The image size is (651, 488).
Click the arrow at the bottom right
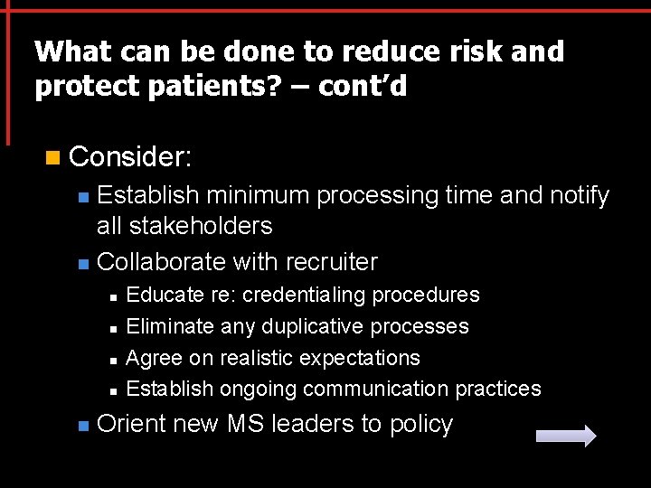(x=566, y=436)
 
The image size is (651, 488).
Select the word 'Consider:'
(x=130, y=157)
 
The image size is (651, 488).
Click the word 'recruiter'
(x=331, y=262)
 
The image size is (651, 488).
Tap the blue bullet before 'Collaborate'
(x=82, y=264)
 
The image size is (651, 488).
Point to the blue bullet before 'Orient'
(x=82, y=426)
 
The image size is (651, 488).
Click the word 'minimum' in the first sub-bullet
(x=259, y=195)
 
